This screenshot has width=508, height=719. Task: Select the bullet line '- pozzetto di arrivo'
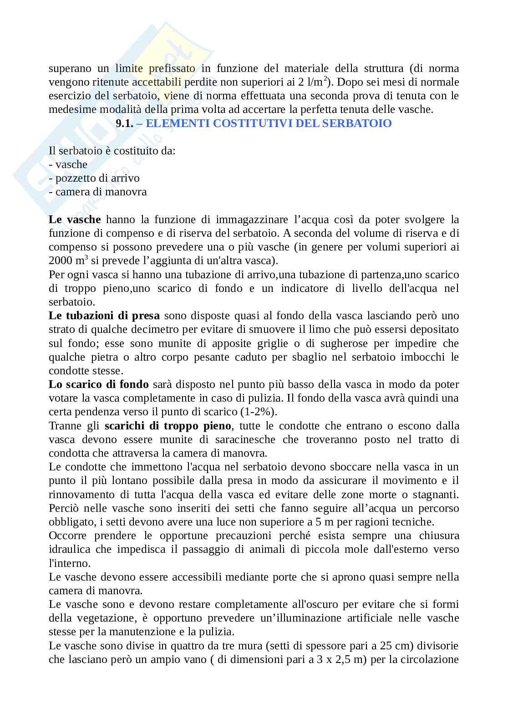(x=94, y=178)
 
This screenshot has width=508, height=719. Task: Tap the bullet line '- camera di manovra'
(x=98, y=192)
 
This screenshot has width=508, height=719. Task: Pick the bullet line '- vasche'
(x=68, y=164)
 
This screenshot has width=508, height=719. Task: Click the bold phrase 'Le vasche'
(x=75, y=219)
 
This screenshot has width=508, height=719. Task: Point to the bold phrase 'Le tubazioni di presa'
(x=104, y=316)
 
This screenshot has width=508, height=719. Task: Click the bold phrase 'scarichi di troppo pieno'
(x=168, y=426)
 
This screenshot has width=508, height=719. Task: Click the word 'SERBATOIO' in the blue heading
(x=357, y=123)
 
